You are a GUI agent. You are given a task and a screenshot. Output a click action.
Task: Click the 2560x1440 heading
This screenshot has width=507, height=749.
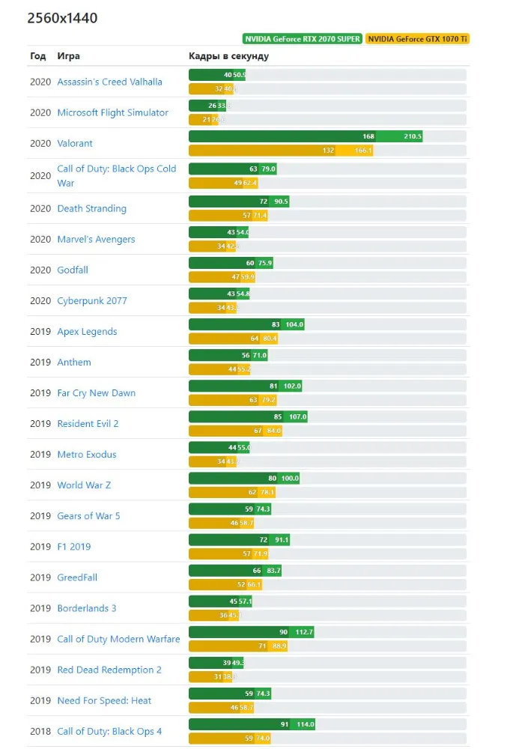62,18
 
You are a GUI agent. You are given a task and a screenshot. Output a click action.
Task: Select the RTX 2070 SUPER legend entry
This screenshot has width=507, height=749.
302,39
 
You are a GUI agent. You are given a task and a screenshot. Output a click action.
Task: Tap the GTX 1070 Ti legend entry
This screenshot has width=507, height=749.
418,39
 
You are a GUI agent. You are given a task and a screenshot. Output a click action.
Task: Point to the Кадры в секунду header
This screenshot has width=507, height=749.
228,56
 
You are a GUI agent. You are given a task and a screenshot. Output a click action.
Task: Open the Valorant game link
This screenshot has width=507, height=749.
75,143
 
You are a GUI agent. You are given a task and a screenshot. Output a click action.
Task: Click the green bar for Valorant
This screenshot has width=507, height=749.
305,136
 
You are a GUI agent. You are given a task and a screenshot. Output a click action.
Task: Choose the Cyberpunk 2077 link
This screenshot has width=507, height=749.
92,300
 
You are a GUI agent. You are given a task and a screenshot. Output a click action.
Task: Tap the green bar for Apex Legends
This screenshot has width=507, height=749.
246,324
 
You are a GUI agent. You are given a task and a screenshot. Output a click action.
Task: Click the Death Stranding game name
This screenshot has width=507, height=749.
91,208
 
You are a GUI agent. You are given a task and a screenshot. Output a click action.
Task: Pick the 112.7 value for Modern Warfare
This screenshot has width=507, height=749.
304,632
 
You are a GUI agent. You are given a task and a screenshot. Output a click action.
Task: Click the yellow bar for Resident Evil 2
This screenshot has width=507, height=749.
235,431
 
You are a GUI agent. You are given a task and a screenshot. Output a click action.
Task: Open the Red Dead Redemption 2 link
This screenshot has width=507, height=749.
109,670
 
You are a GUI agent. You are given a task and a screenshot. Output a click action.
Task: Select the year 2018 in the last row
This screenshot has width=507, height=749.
40,731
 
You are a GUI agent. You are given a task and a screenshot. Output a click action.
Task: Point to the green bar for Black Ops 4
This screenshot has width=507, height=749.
251,724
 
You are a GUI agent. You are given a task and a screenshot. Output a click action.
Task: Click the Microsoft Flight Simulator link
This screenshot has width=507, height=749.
112,112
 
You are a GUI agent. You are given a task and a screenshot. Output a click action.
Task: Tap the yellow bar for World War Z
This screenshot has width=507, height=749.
231,492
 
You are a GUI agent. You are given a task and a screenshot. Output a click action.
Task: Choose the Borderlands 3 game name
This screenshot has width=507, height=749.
87,608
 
